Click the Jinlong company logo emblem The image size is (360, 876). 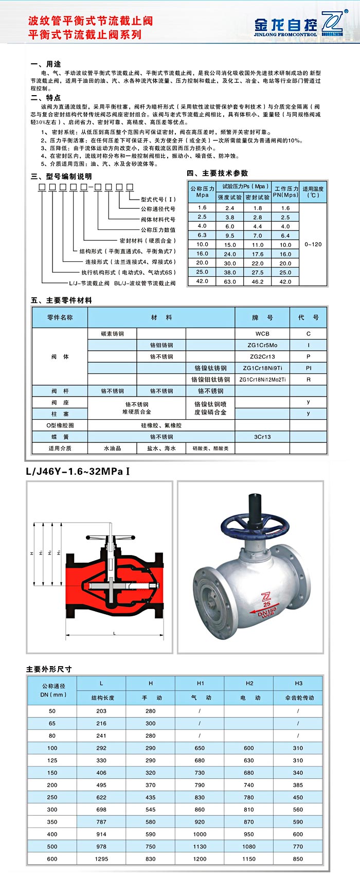pos(332,24)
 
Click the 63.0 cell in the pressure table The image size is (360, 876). pos(230,281)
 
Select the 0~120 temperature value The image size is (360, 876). pos(313,244)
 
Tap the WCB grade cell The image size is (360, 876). pos(262,333)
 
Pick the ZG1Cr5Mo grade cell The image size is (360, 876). pos(262,345)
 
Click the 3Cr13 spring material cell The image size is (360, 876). pos(262,437)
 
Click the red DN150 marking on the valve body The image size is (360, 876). pos(267,612)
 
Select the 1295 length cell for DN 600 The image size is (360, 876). pos(101,859)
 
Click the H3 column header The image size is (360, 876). pos(299,683)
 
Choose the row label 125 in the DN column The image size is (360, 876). pos(52,760)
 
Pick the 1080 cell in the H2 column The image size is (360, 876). pos(249,846)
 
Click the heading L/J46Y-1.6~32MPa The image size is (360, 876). pos(77,471)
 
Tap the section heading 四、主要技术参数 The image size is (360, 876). pos(217,173)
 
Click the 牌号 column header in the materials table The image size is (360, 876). pos(262,317)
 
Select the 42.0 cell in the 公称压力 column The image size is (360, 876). pos(202,281)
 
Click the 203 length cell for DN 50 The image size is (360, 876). pos(101,711)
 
